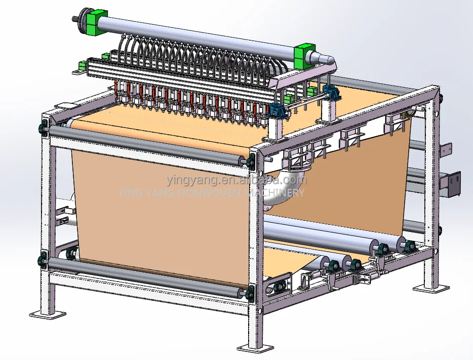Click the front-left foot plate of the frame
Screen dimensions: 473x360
click(x=48, y=314)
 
